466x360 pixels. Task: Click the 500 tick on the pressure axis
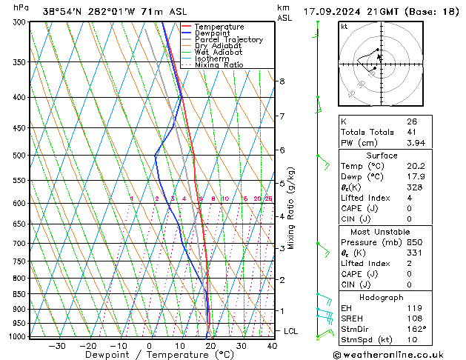coord(19,156)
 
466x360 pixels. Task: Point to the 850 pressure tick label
coord(19,294)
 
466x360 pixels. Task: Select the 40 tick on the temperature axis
coord(272,345)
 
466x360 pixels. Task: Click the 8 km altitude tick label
coord(282,81)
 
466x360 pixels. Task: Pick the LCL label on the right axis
coord(291,331)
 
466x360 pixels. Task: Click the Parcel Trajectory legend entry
coord(228,40)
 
